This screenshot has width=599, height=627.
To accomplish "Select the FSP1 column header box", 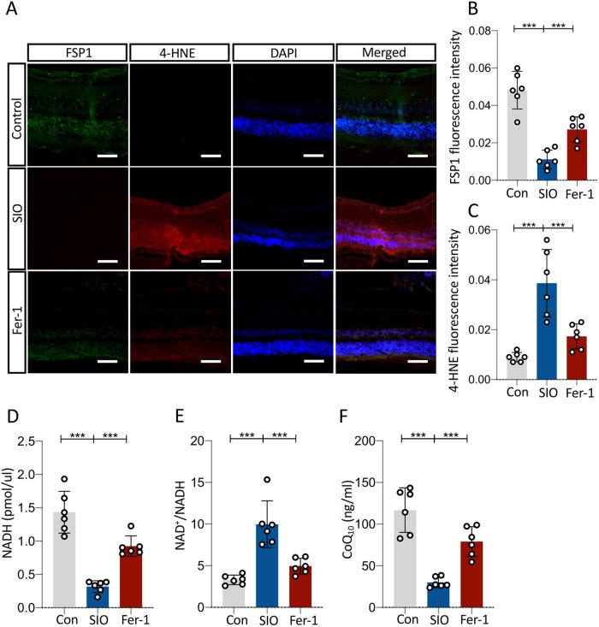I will pyautogui.click(x=77, y=53).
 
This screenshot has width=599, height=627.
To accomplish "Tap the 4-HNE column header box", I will pyautogui.click(x=180, y=53).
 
